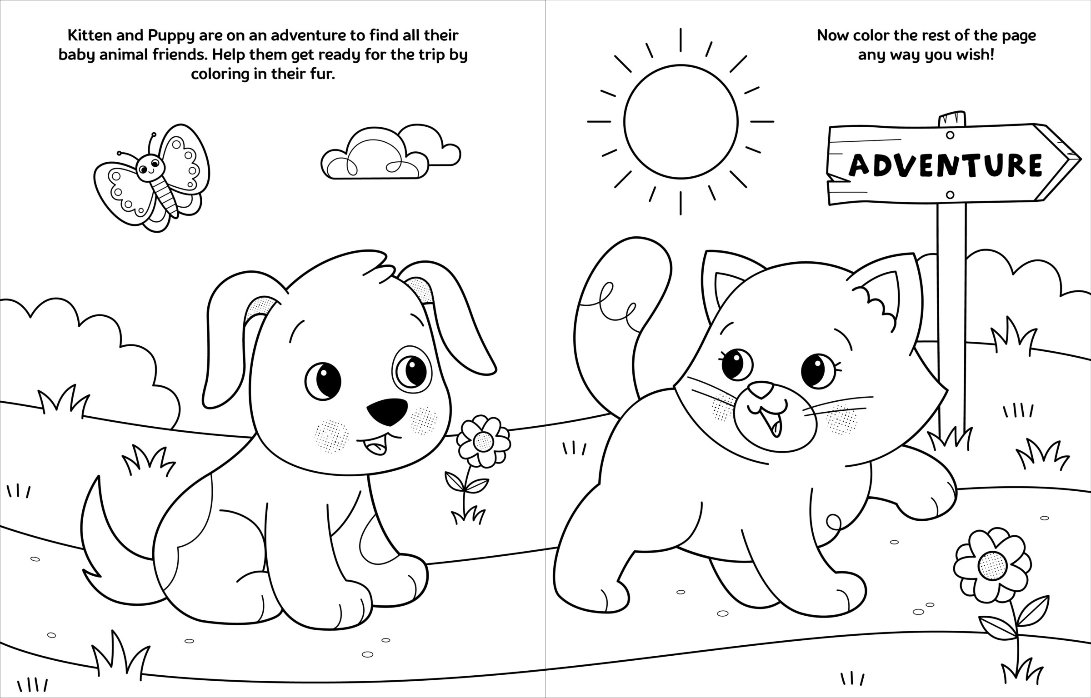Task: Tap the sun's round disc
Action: coord(681,121)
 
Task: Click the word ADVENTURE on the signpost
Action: coord(946,164)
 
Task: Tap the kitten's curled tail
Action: coord(618,309)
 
